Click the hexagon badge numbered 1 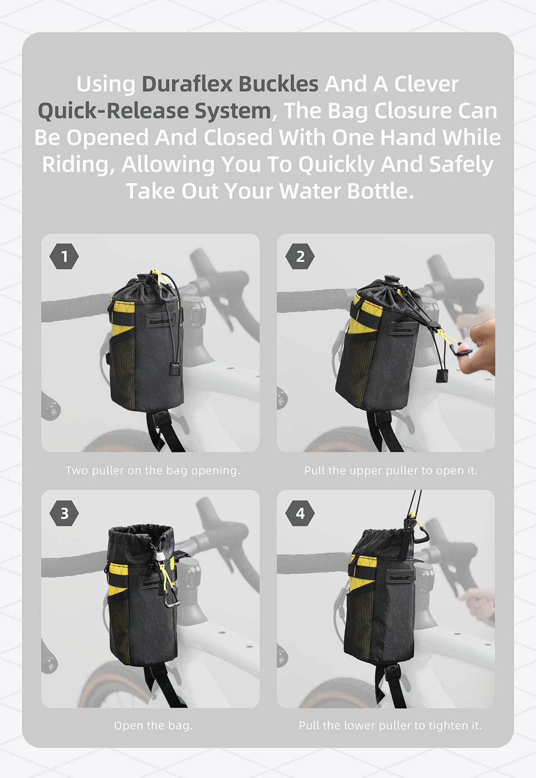(64, 256)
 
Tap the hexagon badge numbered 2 (300, 256)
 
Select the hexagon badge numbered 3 (64, 513)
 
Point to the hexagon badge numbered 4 (300, 513)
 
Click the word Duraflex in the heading (187, 84)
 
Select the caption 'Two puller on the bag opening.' (153, 470)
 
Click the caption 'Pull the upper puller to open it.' (391, 470)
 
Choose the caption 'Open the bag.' (153, 725)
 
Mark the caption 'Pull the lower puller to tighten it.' (390, 725)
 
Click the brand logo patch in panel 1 (160, 320)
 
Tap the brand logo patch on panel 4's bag (399, 577)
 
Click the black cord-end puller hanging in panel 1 (175, 369)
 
